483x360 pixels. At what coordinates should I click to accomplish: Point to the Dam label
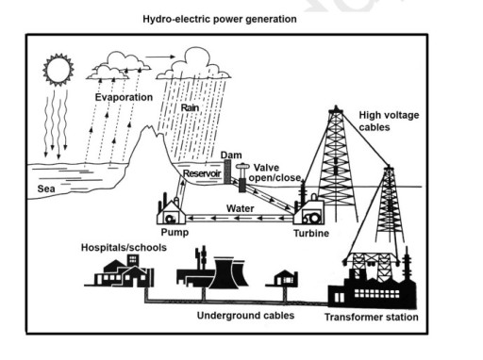pyautogui.click(x=231, y=154)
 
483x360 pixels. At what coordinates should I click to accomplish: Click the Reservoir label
pyautogui.click(x=201, y=174)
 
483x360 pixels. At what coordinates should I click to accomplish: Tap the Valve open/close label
pyautogui.click(x=275, y=172)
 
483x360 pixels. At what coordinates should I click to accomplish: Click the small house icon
pyautogui.click(x=283, y=278)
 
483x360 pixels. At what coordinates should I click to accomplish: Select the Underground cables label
pyautogui.click(x=244, y=314)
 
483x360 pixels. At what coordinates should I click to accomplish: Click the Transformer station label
pyautogui.click(x=371, y=318)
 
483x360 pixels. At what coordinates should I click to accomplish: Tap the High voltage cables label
pyautogui.click(x=389, y=122)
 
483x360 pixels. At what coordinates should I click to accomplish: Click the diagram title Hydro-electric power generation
pyautogui.click(x=219, y=18)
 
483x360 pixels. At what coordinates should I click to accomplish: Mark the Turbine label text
pyautogui.click(x=310, y=233)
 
